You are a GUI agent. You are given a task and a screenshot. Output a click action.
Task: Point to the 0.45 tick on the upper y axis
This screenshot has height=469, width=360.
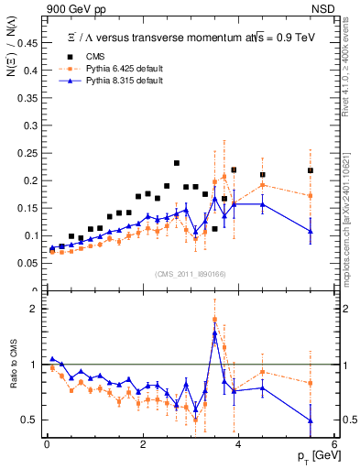click(29, 42)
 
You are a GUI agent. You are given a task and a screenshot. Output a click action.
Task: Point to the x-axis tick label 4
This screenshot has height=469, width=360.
click(238, 444)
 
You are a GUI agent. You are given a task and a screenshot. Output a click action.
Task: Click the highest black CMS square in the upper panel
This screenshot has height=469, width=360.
click(177, 163)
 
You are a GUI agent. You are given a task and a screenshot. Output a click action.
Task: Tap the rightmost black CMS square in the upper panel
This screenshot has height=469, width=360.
click(311, 170)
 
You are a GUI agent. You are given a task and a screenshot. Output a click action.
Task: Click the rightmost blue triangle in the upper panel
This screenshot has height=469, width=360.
click(311, 231)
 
